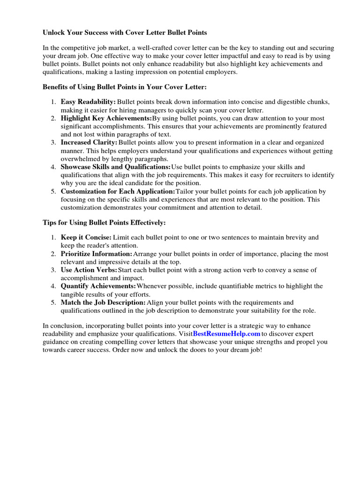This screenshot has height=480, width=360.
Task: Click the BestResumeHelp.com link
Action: pos(226,334)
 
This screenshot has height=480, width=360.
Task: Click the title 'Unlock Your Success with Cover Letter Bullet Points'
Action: pos(125,33)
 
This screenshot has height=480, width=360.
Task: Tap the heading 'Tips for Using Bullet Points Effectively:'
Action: pos(104,222)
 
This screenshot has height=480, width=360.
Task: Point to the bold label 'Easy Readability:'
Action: pos(88,102)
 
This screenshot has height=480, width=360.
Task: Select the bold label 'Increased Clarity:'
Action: pos(89,142)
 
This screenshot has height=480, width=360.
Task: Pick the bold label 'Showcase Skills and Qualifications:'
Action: pos(116,167)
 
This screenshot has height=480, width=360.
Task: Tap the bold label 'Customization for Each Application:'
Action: pos(118,192)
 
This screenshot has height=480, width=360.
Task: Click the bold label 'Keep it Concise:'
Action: pos(86,238)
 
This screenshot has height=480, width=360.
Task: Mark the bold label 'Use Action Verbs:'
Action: pos(89,270)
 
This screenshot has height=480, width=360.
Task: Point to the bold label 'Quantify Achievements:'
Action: pos(98,286)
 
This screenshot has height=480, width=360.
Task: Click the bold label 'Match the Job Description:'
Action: pos(103,303)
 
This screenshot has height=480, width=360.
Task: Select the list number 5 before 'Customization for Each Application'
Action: pos(53,192)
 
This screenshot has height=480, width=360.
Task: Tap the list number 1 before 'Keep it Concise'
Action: pos(53,238)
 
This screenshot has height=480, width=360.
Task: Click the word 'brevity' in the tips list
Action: pos(297,238)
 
